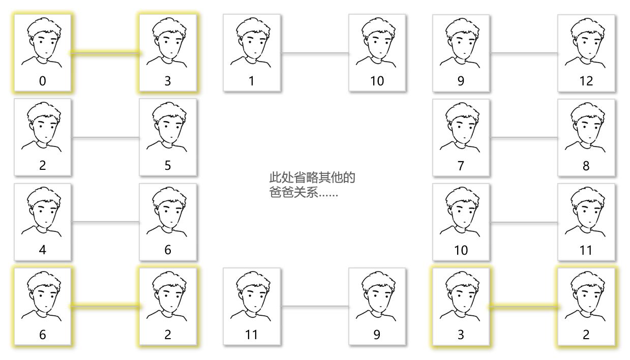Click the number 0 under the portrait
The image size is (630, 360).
[x=42, y=81]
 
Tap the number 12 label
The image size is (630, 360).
[x=586, y=81]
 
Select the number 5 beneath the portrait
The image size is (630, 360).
[x=168, y=165]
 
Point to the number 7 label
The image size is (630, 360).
[x=461, y=165]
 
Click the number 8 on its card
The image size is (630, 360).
[x=586, y=165]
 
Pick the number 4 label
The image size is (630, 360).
[x=42, y=250]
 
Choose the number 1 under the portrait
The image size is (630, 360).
[x=251, y=81]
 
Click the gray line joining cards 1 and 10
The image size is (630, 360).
[x=314, y=53]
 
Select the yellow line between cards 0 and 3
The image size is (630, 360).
[x=105, y=52]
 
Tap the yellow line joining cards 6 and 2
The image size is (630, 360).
[x=105, y=306]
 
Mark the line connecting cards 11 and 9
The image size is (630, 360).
[x=314, y=306]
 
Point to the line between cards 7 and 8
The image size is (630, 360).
[x=524, y=137]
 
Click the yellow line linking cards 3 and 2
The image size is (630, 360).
[x=524, y=306]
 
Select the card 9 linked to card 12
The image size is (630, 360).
[x=461, y=53]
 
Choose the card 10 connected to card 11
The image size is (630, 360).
[x=461, y=222]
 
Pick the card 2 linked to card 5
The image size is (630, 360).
[x=42, y=137]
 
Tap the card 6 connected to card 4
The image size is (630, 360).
[x=168, y=222]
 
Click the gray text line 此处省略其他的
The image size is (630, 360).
[x=312, y=178]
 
